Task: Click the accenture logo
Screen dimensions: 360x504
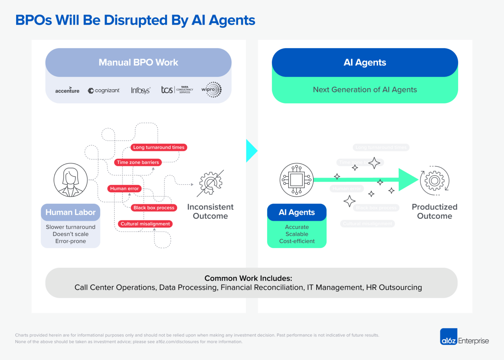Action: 67,90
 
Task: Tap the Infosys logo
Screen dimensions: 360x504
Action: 140,90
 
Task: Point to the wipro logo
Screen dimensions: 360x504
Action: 212,90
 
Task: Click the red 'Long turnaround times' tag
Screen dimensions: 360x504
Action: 159,147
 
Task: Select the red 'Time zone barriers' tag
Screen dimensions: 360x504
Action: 138,162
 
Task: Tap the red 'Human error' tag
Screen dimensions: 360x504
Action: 124,188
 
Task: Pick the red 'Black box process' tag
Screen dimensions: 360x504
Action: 154,208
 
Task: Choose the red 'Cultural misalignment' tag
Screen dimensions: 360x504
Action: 145,224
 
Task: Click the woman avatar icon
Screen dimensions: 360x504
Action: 71,180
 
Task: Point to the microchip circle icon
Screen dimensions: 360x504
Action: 297,180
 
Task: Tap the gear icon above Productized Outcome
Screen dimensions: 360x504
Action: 434,180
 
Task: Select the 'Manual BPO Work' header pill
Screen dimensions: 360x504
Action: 138,62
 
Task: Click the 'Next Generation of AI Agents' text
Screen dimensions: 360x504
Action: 365,90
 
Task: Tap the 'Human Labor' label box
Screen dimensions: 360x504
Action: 71,212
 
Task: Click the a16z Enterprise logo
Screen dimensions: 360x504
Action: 464,337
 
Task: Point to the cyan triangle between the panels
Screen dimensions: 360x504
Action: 251,151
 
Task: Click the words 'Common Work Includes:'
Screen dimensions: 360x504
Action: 248,278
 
